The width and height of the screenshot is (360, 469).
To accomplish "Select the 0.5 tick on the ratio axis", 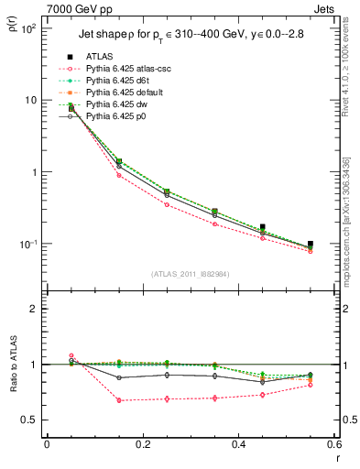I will click(x=32, y=420).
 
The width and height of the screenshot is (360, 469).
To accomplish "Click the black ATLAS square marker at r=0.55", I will click(x=311, y=245).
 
